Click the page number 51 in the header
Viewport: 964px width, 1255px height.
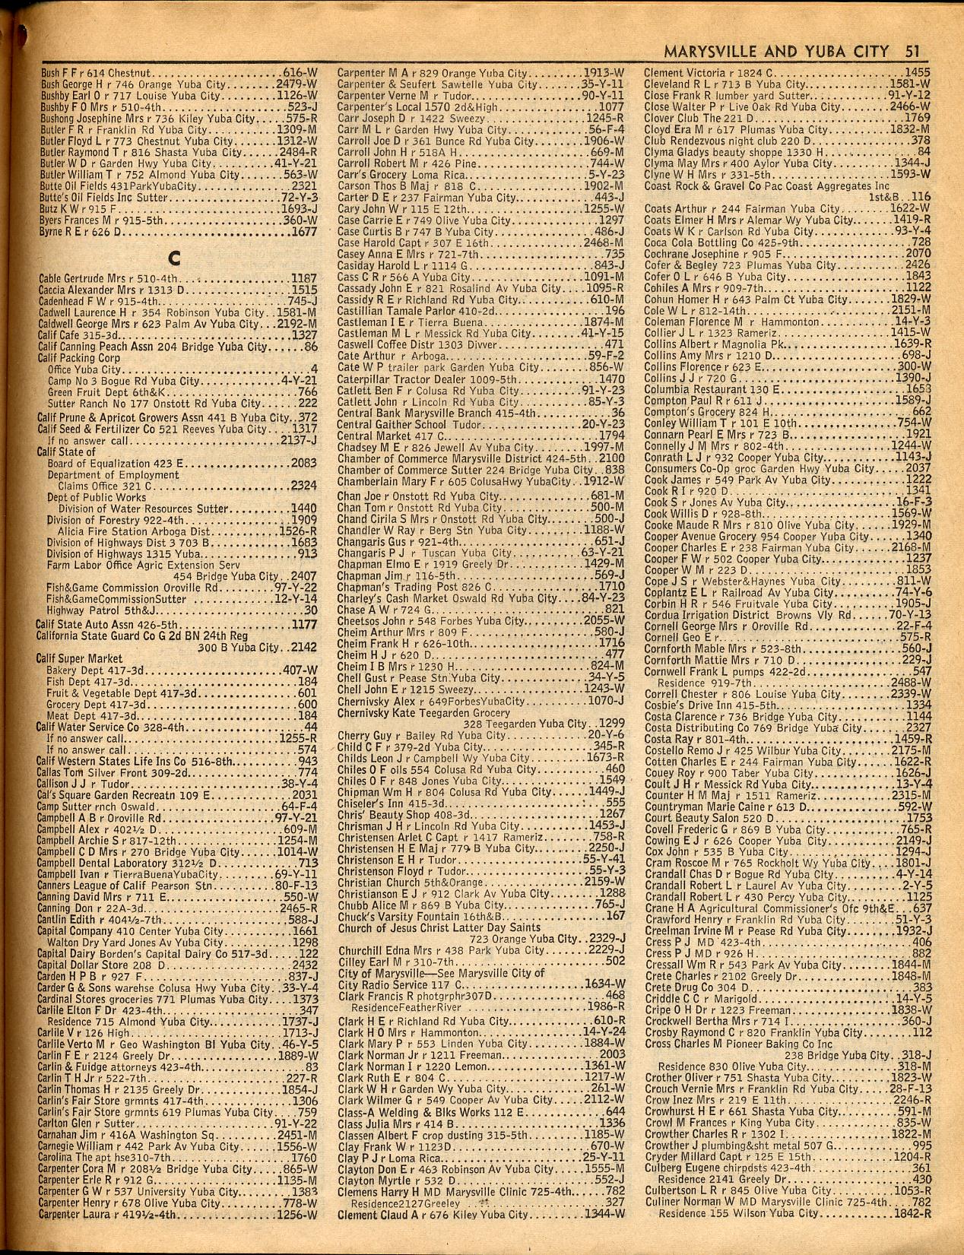(912, 52)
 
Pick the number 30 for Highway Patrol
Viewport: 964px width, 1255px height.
(310, 610)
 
